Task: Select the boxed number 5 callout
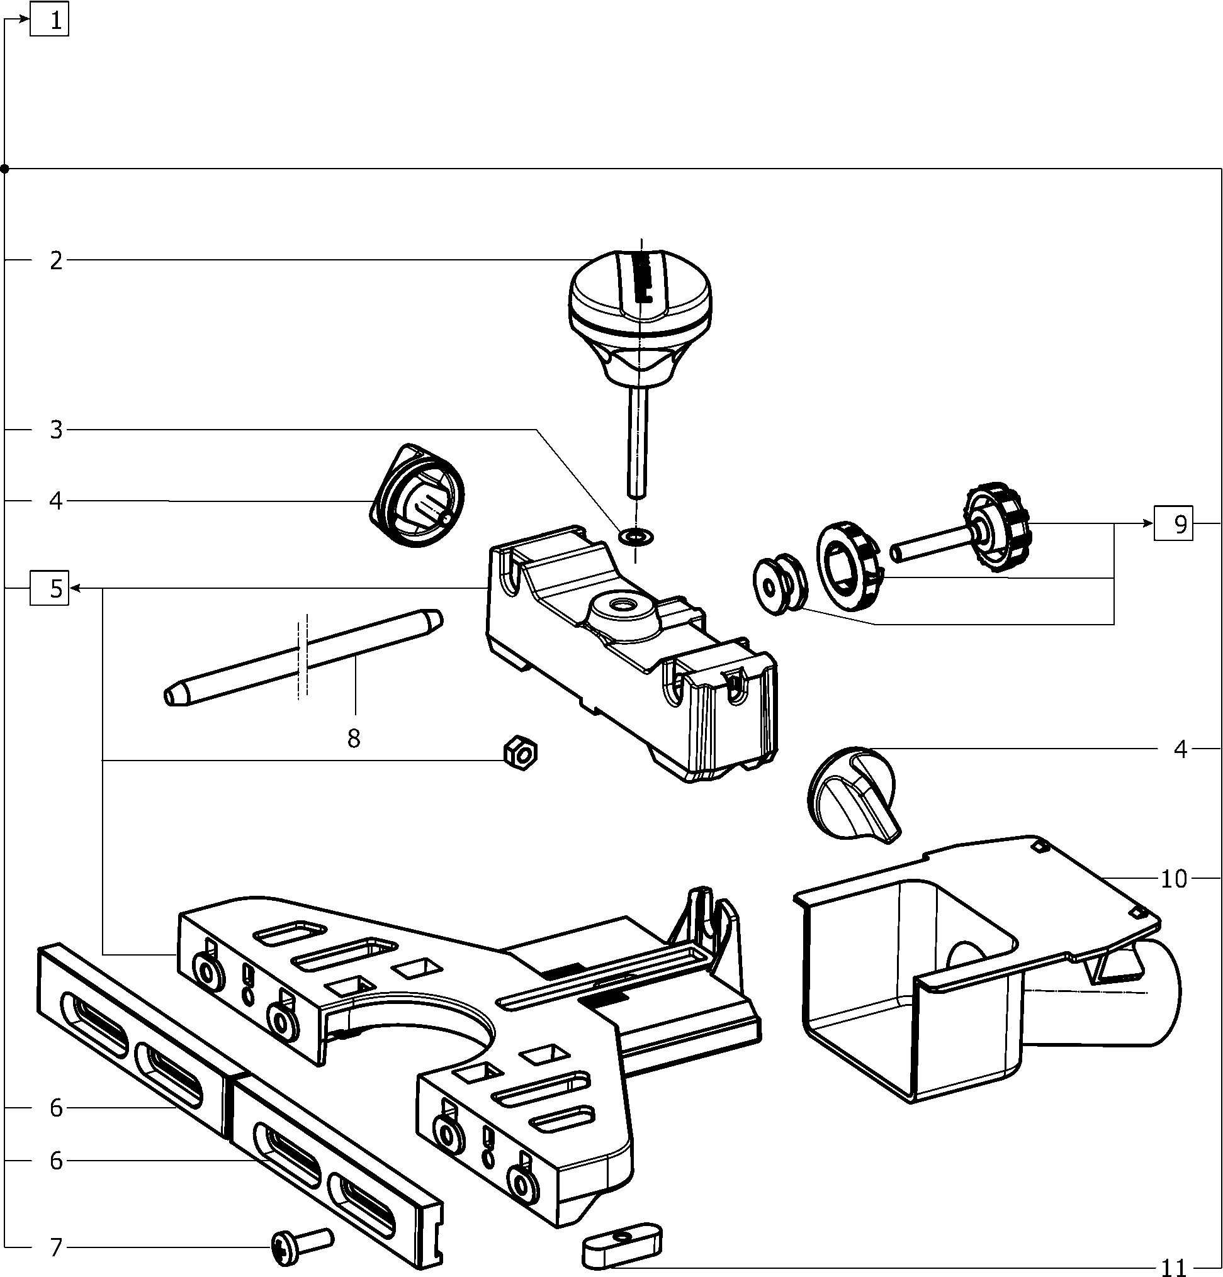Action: coord(50,588)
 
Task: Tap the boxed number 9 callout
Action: coord(1173,524)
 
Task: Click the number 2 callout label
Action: coord(57,260)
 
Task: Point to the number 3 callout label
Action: coord(57,430)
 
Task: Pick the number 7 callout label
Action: coord(57,1247)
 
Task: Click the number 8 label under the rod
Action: coord(353,739)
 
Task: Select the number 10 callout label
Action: coord(1173,879)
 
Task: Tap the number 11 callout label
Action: coord(1173,1267)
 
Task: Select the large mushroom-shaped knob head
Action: coord(640,293)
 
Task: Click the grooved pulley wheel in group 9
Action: coord(779,584)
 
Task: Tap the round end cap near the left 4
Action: coord(417,495)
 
